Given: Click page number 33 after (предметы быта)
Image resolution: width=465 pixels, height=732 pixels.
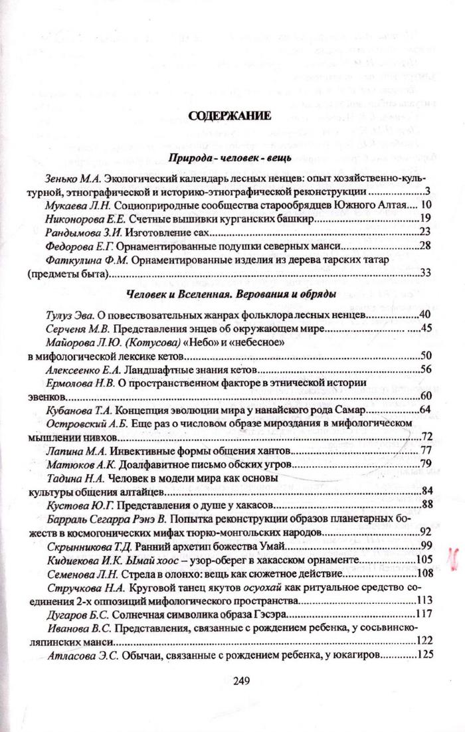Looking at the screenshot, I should point(426,272).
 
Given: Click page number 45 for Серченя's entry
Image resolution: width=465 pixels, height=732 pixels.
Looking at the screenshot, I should point(426,328).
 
